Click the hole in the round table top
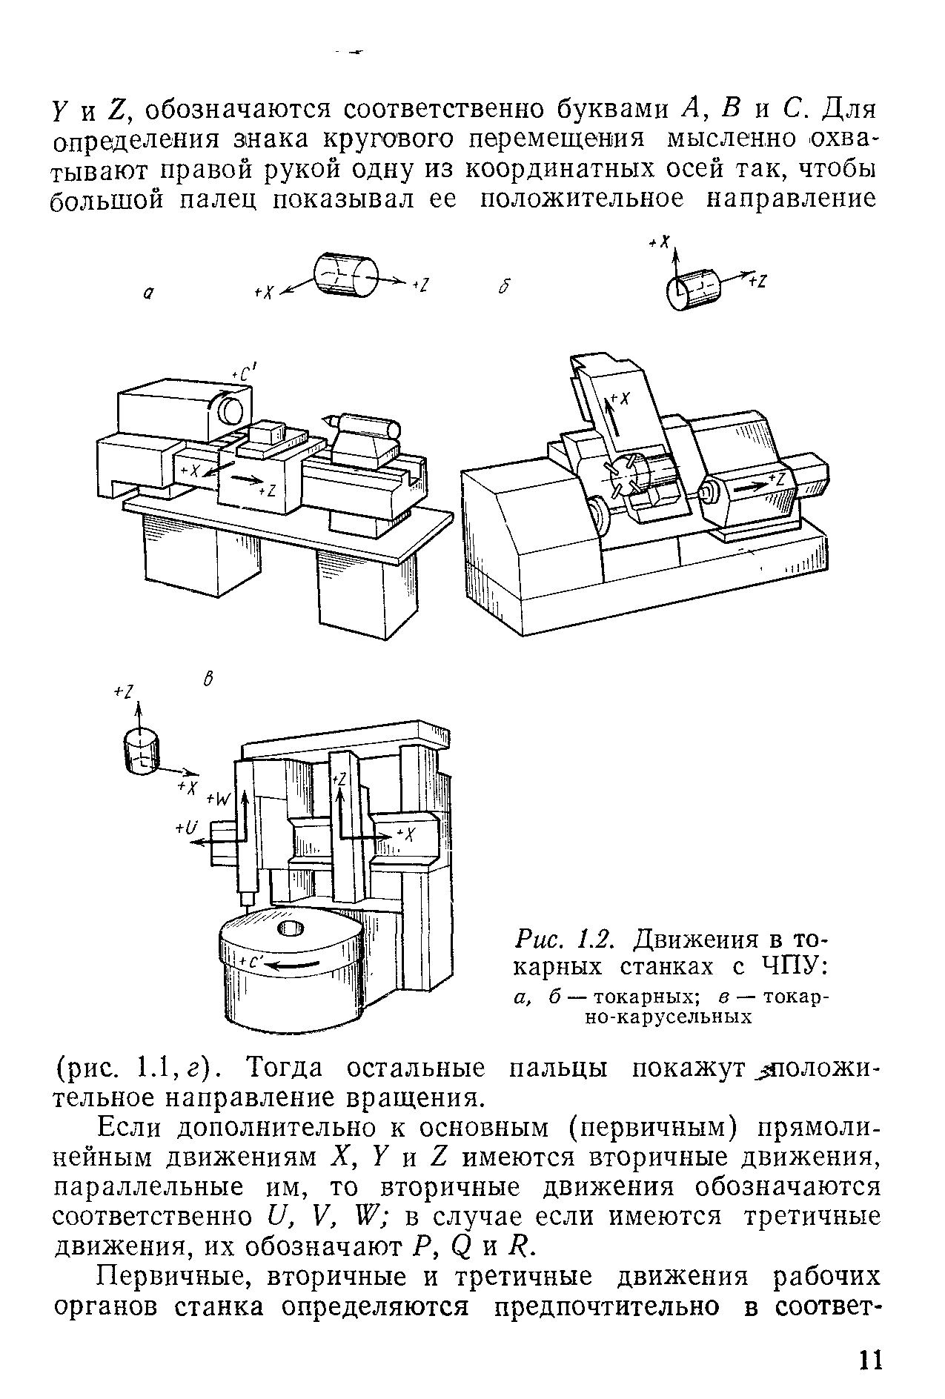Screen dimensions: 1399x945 290,928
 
